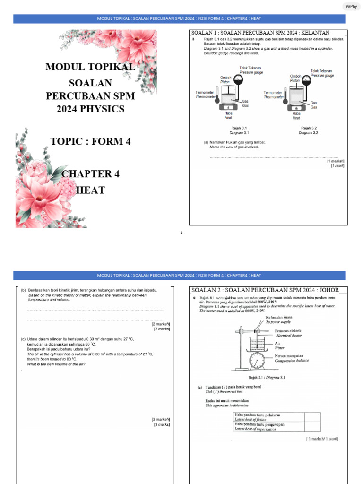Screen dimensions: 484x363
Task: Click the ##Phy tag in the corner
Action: click(351, 6)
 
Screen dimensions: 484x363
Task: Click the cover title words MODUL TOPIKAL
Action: click(90, 67)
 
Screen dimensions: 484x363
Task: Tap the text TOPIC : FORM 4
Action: click(90, 141)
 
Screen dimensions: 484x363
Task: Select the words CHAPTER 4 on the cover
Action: click(90, 173)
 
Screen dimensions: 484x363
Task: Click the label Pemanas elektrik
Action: click(288, 331)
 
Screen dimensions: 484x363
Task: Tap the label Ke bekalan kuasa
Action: click(283, 317)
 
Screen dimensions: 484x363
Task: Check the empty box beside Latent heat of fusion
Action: click(311, 416)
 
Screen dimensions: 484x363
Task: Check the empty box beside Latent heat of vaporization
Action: click(311, 426)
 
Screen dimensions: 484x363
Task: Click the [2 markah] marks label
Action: click(160, 324)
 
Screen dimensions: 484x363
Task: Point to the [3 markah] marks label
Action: click(160, 419)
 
